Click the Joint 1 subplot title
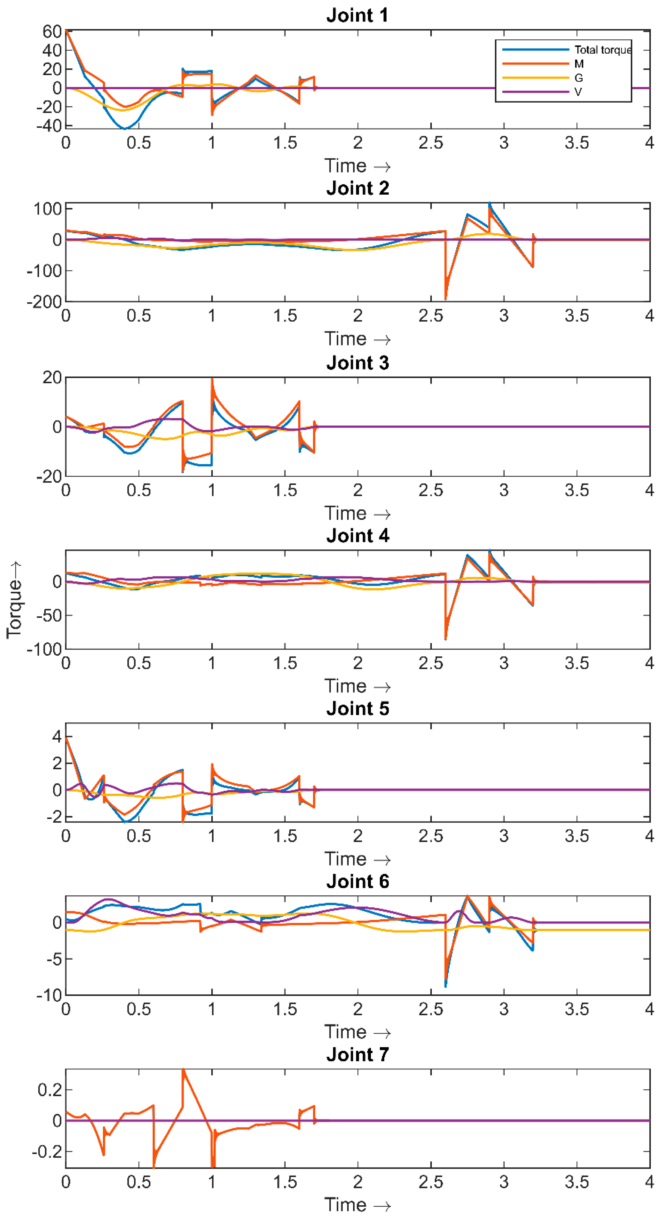pyautogui.click(x=357, y=15)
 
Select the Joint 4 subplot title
pyautogui.click(x=357, y=536)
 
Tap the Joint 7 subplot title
pyautogui.click(x=357, y=1055)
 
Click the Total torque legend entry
pyautogui.click(x=602, y=50)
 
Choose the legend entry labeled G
pyautogui.click(x=578, y=78)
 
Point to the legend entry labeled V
pyautogui.click(x=578, y=92)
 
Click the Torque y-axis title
pyautogui.click(x=14, y=600)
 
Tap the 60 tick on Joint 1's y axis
pyautogui.click(x=52, y=32)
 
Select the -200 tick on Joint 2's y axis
pyautogui.click(x=44, y=302)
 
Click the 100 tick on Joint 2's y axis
pyautogui.click(x=47, y=209)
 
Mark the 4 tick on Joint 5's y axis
pyautogui.click(x=57, y=736)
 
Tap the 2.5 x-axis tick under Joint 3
pyautogui.click(x=431, y=490)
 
